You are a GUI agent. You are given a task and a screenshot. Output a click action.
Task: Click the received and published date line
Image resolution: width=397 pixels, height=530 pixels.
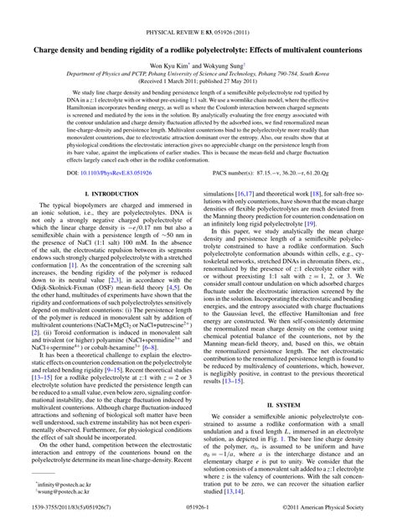198,81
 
